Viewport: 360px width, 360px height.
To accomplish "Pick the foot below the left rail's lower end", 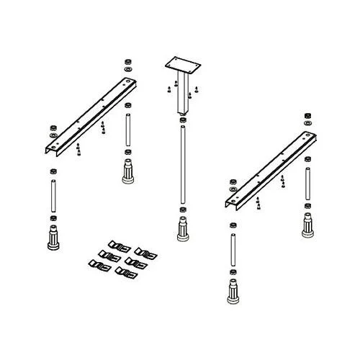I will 53,237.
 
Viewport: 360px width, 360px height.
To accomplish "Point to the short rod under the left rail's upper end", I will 127,130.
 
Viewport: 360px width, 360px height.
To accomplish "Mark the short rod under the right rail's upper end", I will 305,183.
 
